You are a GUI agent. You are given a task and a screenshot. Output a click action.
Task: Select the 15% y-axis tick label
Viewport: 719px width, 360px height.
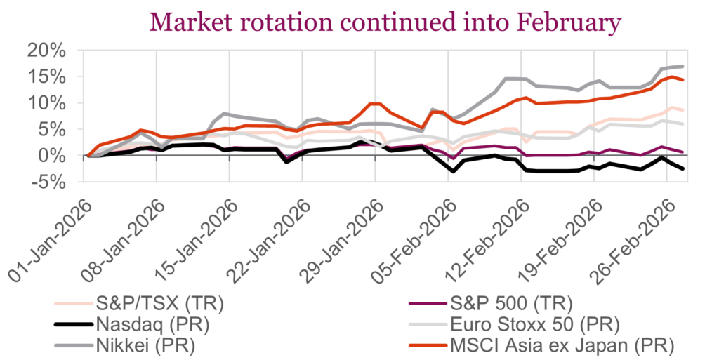[x=47, y=77]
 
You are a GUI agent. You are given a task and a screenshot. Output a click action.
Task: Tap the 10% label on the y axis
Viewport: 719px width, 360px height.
[x=47, y=103]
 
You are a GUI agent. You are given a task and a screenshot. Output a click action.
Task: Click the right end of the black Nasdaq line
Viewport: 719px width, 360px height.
[x=683, y=168]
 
